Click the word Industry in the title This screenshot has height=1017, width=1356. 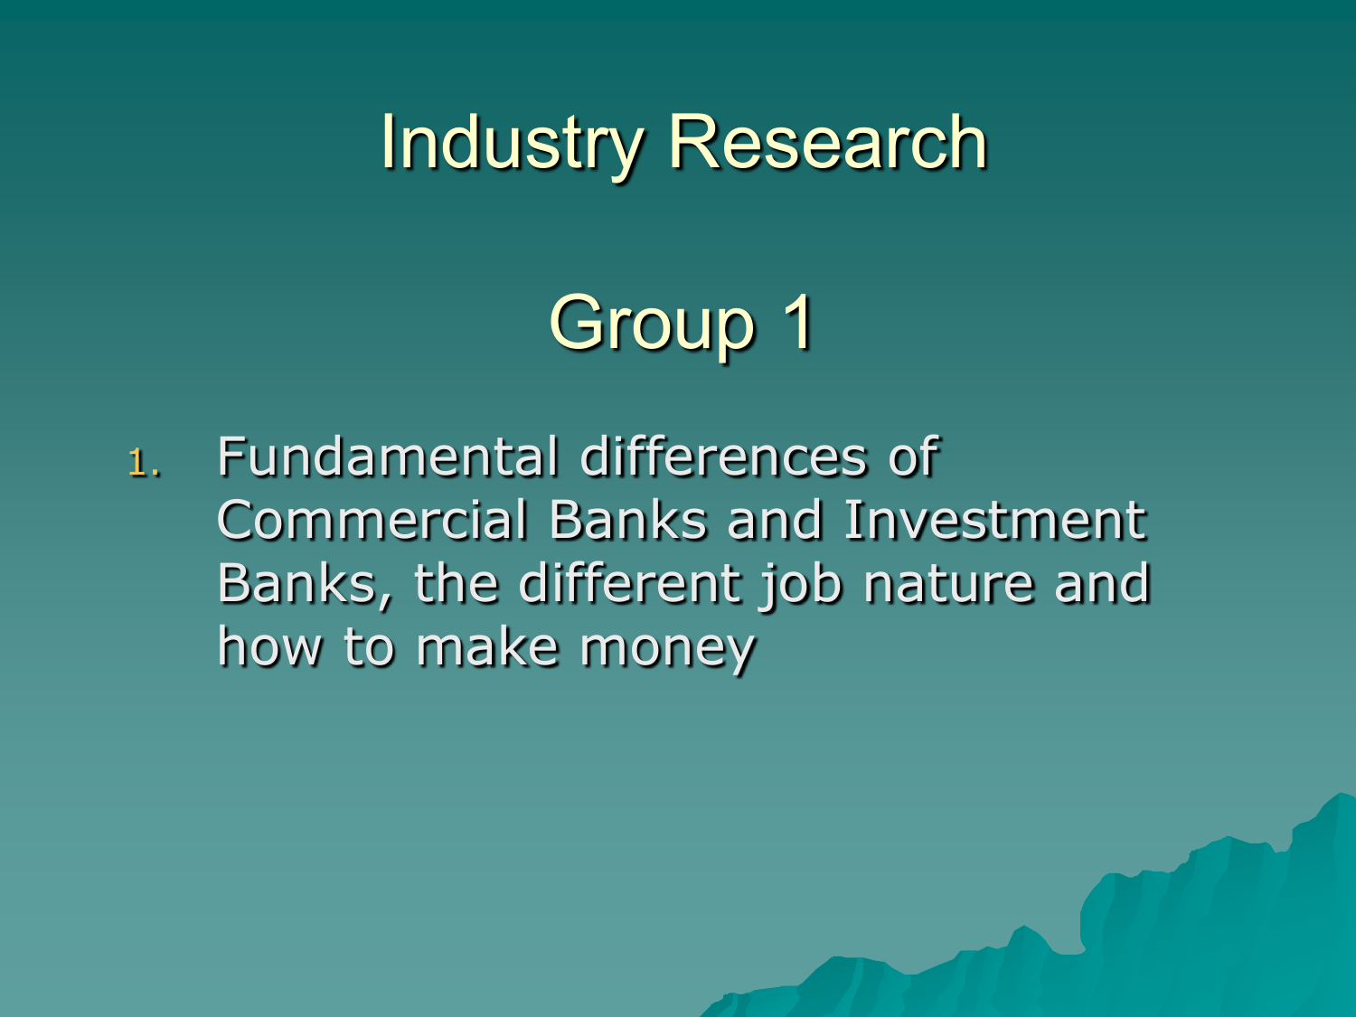tap(513, 144)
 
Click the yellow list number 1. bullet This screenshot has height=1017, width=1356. tap(144, 463)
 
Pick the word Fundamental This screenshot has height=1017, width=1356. tap(388, 457)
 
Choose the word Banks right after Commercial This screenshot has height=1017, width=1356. tap(627, 520)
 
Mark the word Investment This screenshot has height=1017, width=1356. tap(994, 520)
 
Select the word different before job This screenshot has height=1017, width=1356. tap(629, 583)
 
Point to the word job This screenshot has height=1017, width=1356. tap(801, 586)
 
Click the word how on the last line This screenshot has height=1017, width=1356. tap(270, 646)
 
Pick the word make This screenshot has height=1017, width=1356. tap(487, 646)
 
